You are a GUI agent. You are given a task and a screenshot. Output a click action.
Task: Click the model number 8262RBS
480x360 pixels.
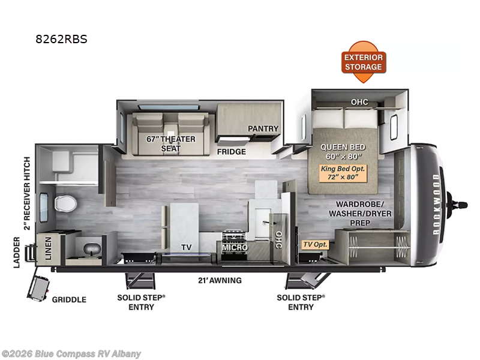[x=62, y=39]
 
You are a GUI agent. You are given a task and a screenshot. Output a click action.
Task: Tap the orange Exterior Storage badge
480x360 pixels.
[x=364, y=62]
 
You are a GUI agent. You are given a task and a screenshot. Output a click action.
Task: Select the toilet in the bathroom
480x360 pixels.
[x=65, y=203]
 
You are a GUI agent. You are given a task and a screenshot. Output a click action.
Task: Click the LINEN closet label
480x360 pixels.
[x=49, y=248]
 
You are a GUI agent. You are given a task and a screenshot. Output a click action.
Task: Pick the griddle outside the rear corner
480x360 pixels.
[x=38, y=288]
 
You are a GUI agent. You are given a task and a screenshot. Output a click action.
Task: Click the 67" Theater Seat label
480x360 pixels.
[x=171, y=143]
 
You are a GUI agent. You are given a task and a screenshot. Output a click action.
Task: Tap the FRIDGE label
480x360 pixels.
[x=232, y=152]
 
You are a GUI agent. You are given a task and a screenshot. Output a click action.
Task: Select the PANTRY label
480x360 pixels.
[x=263, y=128]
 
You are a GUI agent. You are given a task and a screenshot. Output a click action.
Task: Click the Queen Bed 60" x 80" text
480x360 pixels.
[x=343, y=152]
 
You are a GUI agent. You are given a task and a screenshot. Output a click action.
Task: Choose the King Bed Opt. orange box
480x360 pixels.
[x=343, y=173]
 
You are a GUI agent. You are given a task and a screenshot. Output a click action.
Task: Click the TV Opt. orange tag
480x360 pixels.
[x=315, y=244]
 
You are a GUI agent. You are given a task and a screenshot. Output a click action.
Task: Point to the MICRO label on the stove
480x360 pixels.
[x=235, y=247]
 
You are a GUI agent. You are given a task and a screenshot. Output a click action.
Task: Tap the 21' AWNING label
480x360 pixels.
[x=220, y=280]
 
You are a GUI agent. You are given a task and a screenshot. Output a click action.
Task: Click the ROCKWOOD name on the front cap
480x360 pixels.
[x=436, y=204]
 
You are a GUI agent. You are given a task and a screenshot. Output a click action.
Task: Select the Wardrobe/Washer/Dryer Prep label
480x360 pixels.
[x=360, y=214]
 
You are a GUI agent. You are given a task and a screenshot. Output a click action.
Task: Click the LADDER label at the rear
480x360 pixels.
[x=17, y=252]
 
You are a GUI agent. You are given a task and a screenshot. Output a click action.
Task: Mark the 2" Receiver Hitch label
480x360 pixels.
[x=27, y=193]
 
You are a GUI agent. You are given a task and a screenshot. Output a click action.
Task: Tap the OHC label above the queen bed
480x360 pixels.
[x=359, y=102]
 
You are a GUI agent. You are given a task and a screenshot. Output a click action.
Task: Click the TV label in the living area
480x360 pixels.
[x=186, y=247]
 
